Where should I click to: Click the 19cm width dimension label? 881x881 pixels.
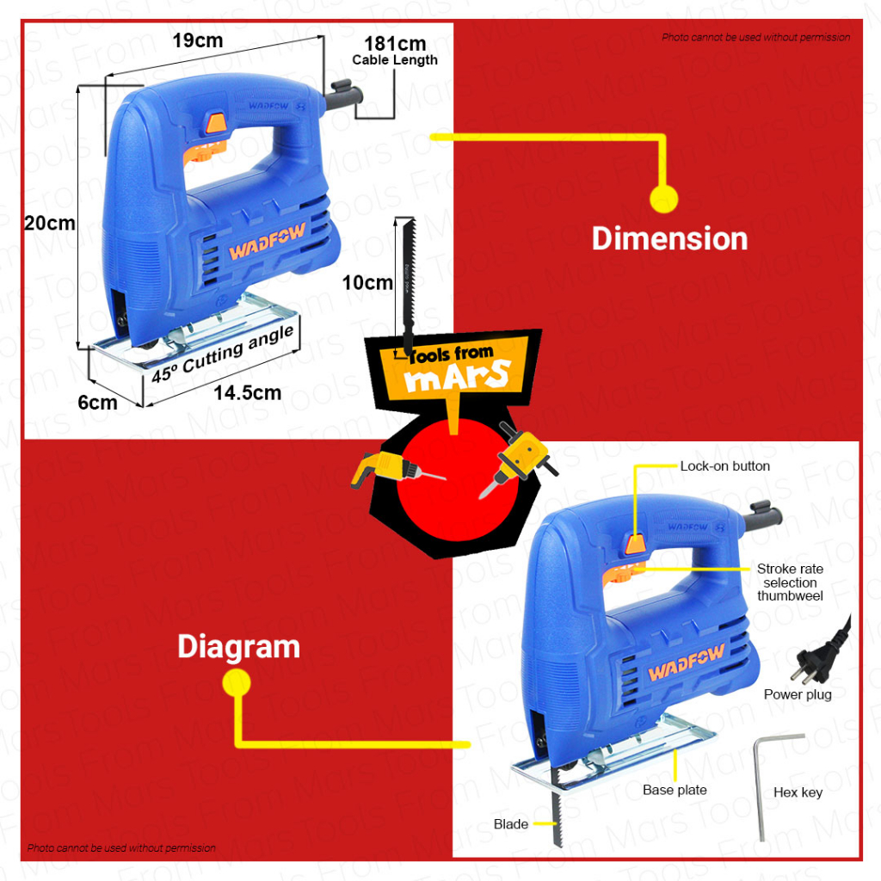(x=197, y=40)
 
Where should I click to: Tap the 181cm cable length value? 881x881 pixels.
(x=395, y=43)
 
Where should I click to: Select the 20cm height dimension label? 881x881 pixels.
(x=49, y=224)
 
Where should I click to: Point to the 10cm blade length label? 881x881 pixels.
(x=367, y=283)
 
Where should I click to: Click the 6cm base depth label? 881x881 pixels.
(x=97, y=402)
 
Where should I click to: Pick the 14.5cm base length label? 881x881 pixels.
(x=248, y=393)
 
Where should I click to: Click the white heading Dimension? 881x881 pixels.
(x=669, y=238)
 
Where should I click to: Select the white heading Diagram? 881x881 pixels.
(x=238, y=646)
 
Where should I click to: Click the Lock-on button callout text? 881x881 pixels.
(x=724, y=466)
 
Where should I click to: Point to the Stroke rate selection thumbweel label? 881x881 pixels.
(x=790, y=582)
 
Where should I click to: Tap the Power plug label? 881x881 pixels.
(x=798, y=694)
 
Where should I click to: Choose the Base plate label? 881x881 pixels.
(x=675, y=790)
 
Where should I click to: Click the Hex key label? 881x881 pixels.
(x=798, y=792)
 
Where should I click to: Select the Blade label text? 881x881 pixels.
(x=511, y=824)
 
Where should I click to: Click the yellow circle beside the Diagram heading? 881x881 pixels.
(x=236, y=684)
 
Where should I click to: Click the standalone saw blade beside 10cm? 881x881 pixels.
(x=407, y=284)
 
